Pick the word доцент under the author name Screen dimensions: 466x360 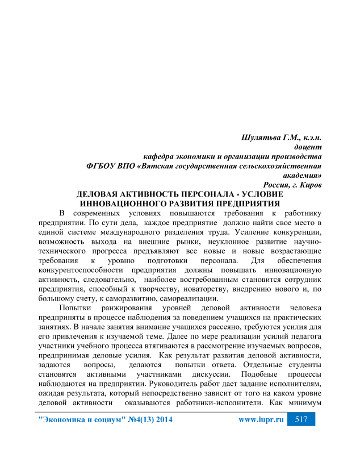[307, 147]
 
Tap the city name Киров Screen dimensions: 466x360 [311, 185]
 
